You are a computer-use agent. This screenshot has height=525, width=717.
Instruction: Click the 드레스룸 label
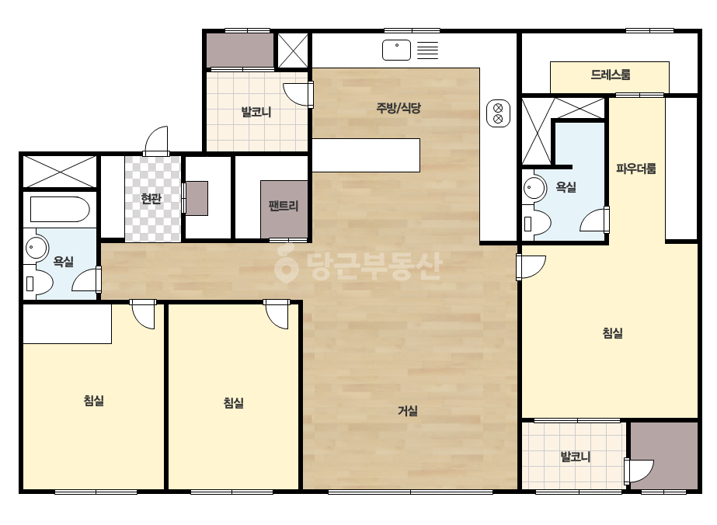point(611,75)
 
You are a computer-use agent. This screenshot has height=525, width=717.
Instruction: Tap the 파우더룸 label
point(635,169)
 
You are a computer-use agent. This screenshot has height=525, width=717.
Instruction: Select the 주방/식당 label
point(399,108)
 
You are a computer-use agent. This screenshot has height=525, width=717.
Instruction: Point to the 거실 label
point(407,411)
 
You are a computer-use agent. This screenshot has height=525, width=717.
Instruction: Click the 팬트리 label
point(284,205)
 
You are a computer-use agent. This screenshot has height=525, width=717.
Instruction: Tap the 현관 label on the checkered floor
point(151,199)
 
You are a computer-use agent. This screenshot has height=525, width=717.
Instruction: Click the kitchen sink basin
point(396,50)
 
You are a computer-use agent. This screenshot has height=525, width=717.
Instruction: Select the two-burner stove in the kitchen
point(498,113)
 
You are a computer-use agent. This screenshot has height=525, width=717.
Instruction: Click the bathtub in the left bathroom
point(60,210)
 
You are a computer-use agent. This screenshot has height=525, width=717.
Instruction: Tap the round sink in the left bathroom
point(36,249)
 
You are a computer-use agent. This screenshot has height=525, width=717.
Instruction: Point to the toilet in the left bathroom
point(38,283)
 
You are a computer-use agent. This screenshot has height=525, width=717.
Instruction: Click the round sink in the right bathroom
point(534,187)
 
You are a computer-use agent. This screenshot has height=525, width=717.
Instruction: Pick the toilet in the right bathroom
point(537,224)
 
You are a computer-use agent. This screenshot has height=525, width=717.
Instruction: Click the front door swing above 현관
point(157,141)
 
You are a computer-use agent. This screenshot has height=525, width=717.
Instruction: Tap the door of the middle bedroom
point(277,315)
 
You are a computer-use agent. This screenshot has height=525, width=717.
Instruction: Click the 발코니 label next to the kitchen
point(256,112)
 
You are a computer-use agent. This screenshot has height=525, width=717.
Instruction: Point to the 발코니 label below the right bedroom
point(576,457)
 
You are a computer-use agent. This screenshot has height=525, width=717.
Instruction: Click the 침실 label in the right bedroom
point(612,332)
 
